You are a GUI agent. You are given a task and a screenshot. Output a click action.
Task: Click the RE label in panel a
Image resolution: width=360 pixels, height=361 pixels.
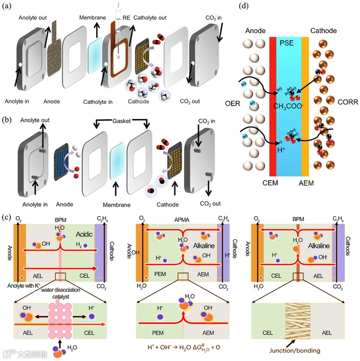coord(127,17)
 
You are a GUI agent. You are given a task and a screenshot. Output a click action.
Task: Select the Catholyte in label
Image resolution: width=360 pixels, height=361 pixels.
coord(98,102)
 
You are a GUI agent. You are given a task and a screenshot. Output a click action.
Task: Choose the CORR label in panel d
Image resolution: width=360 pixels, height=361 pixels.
coord(346,103)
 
